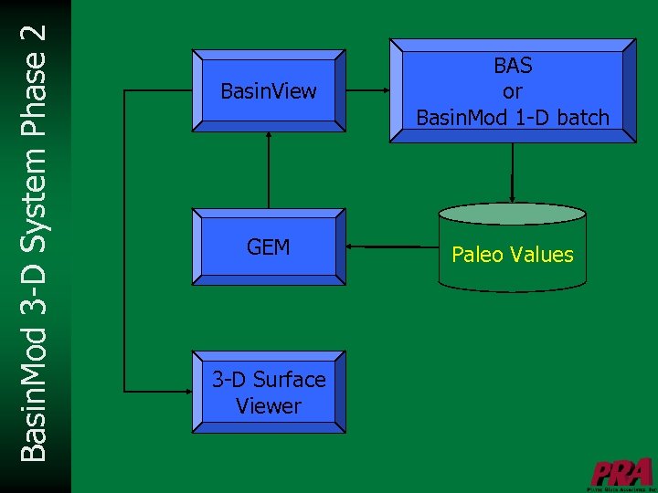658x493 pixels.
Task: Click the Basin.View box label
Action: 269,90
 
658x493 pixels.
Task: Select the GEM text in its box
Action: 269,246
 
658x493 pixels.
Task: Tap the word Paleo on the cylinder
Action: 477,255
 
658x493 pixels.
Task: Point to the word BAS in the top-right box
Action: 513,66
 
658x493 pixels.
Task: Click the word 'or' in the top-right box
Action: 513,91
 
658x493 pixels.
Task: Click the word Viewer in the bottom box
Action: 269,405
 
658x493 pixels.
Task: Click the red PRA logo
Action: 621,472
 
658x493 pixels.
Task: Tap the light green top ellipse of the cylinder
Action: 513,214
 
